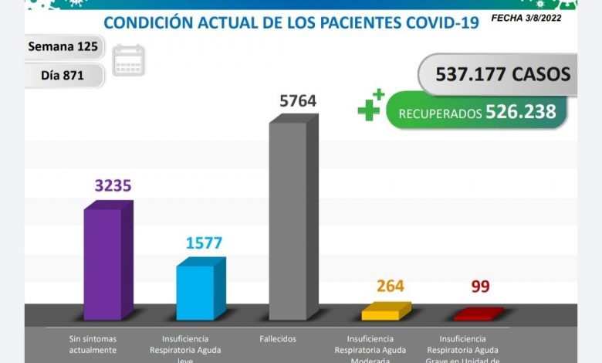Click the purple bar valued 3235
point(103,263)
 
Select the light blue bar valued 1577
point(195,291)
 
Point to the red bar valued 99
point(473,314)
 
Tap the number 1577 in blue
point(204,243)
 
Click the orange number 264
point(391,287)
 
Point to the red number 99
point(480,287)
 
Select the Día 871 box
point(62,75)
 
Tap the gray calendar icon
point(128,61)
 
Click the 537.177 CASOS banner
point(502,74)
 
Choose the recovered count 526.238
point(521,112)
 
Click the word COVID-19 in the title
point(441,22)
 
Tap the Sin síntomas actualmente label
point(93,344)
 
